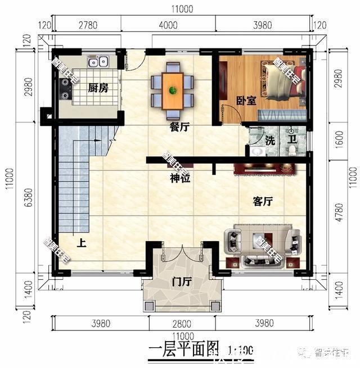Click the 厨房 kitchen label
tap(98, 88)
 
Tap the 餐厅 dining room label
tap(179, 128)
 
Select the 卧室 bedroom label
tap(246, 101)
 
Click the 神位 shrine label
tap(180, 179)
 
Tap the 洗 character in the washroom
tap(271, 140)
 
